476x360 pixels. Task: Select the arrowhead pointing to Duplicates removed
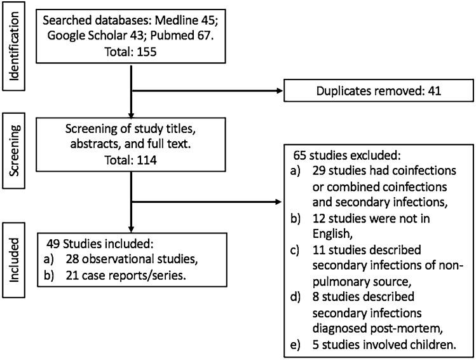(280, 91)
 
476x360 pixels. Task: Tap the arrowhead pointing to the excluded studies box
(280, 203)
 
